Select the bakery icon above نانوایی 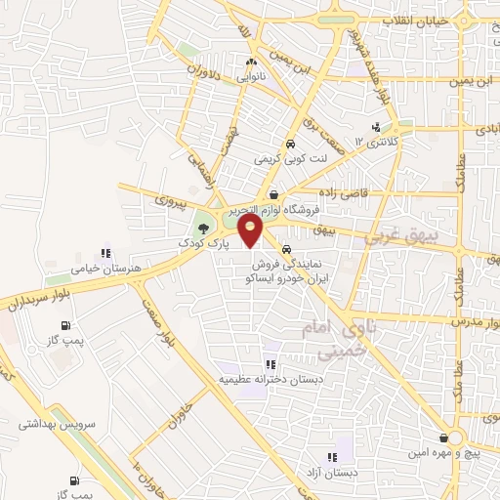[252, 64]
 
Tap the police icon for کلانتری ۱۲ [376, 128]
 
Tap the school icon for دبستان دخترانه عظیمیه [271, 365]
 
